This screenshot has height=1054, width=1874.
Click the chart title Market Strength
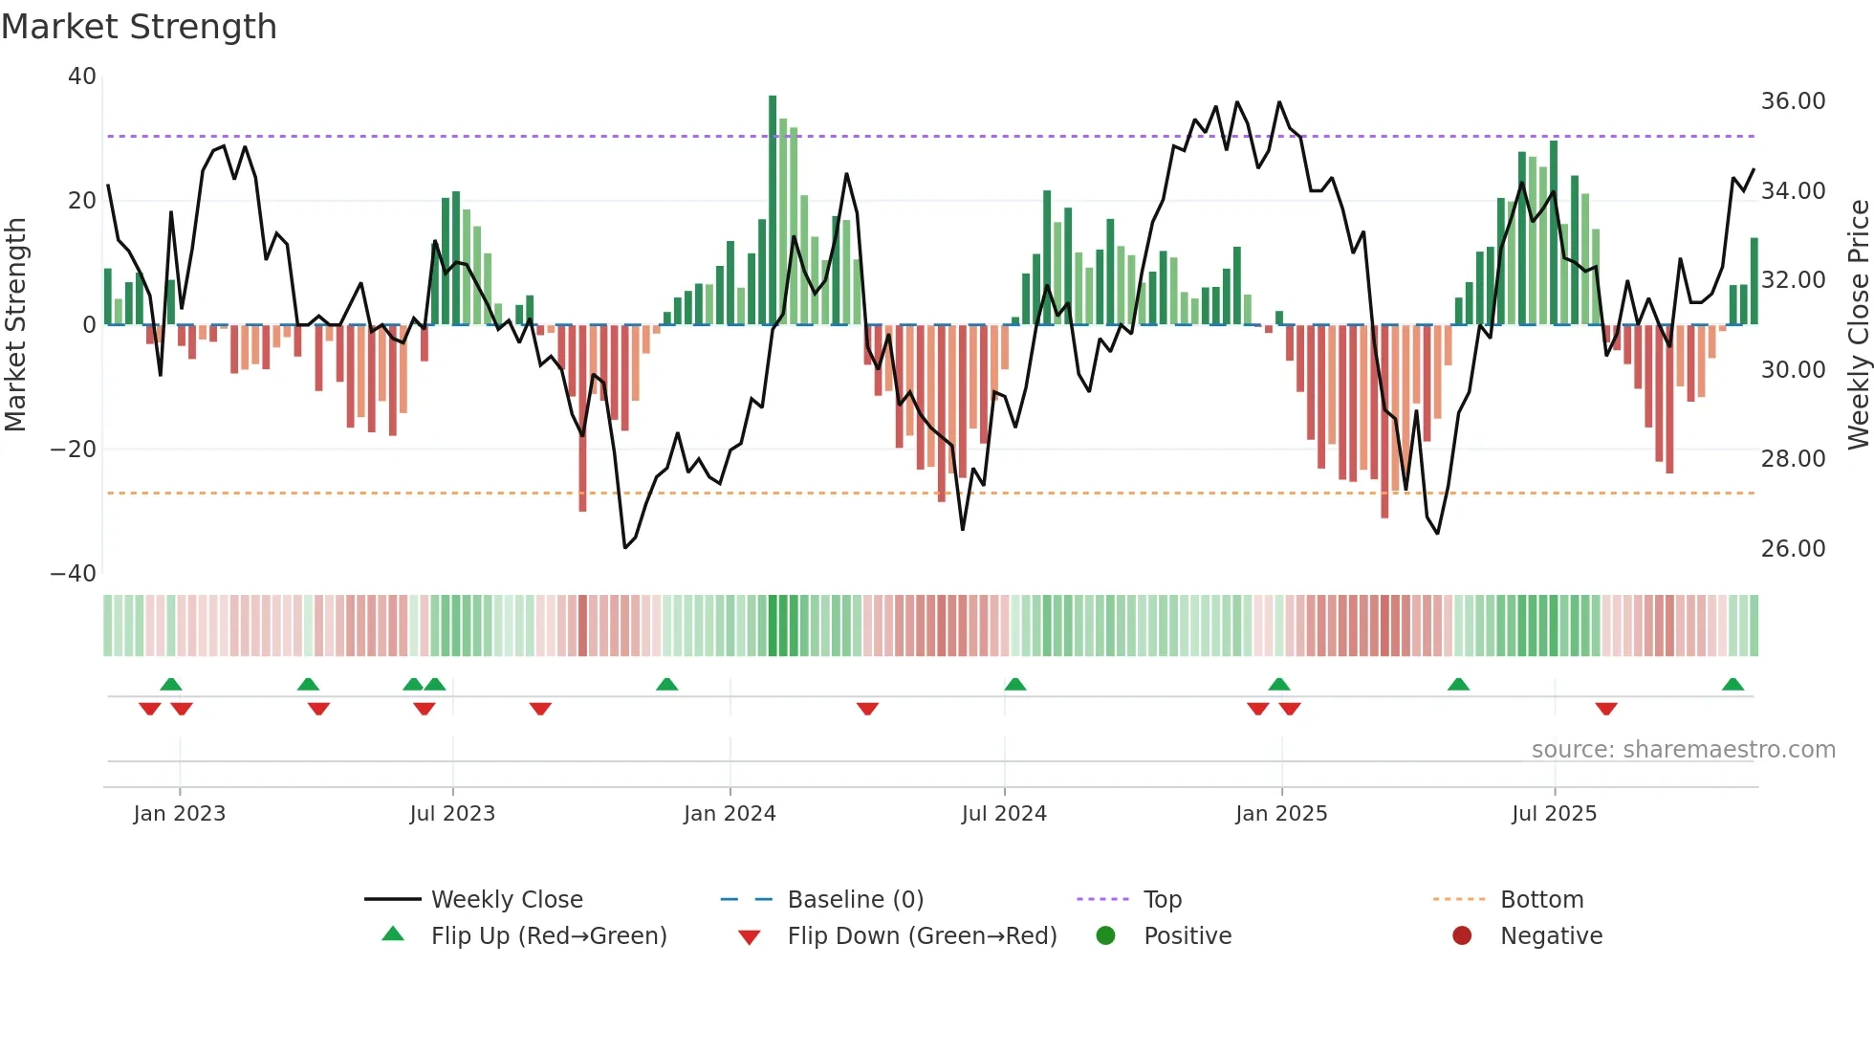pos(139,27)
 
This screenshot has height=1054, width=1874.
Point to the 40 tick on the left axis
pos(82,77)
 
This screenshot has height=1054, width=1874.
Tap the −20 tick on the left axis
pos(74,450)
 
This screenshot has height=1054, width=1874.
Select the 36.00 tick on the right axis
pos(1793,101)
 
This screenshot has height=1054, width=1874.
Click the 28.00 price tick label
pos(1793,459)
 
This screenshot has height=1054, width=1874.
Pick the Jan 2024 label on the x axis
pos(730,814)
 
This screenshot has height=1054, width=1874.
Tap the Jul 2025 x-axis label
pos(1554,814)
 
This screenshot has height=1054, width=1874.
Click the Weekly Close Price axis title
pos(1858,325)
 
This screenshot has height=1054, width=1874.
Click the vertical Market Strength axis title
pos(15,325)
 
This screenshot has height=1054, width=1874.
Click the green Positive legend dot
pos(1106,936)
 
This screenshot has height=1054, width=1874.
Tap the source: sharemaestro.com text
pos(1683,750)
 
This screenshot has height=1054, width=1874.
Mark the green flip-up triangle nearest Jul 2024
pos(1015,685)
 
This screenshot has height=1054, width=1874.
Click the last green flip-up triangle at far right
pos(1732,685)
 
